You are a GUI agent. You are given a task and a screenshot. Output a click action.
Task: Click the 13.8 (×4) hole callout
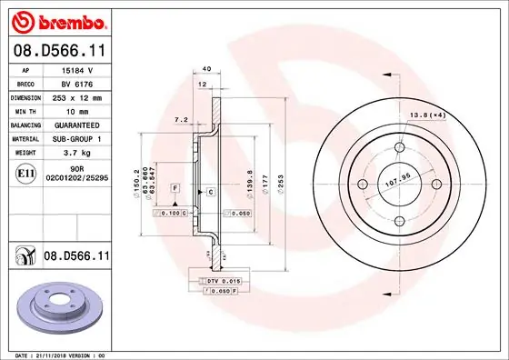[453, 115]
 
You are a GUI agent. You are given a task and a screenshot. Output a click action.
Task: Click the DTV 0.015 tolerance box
[224, 283]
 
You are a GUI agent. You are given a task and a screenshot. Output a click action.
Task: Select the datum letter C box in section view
[210, 193]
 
